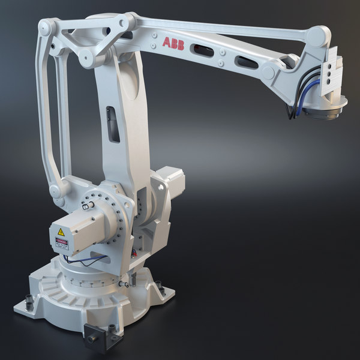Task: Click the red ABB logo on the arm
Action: coord(173,42)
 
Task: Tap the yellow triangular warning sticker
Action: coord(61,232)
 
